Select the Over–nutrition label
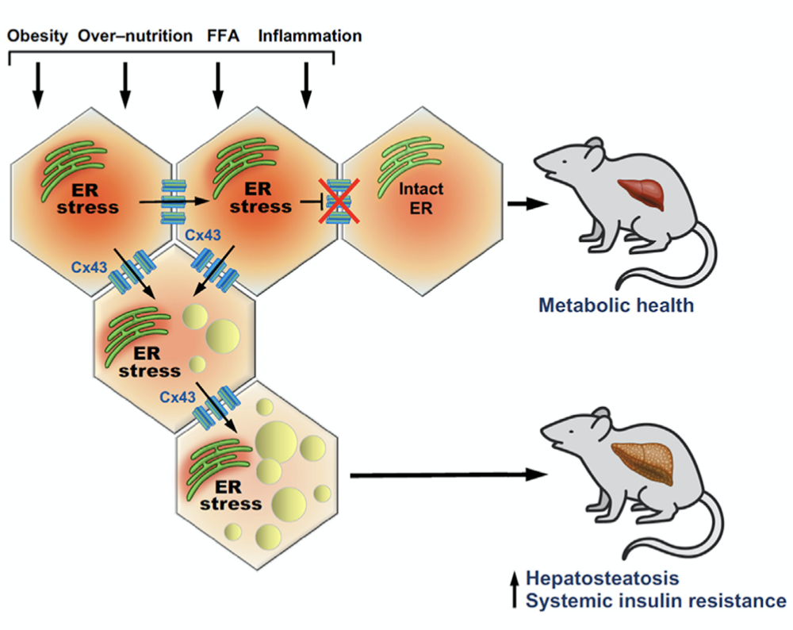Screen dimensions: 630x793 click(136, 36)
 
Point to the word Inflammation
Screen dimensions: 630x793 click(310, 36)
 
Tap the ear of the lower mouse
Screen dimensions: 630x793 click(601, 418)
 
